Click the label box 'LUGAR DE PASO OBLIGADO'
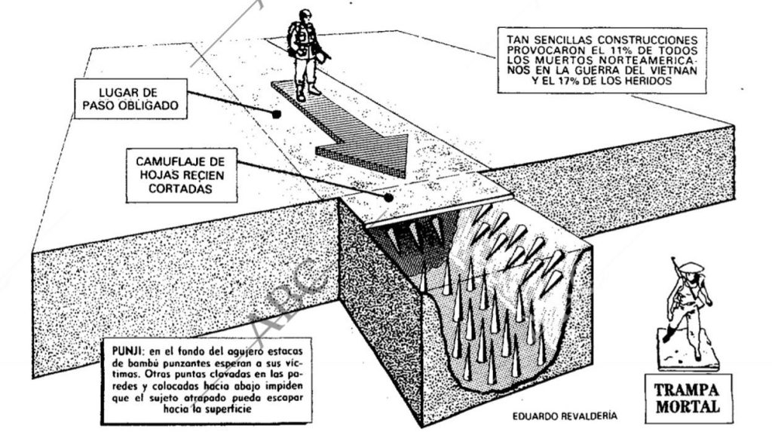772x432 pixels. pyautogui.click(x=130, y=99)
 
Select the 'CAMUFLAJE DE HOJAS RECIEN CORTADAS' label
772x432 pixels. pyautogui.click(x=181, y=176)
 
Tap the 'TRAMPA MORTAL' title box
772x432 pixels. pyautogui.click(x=688, y=399)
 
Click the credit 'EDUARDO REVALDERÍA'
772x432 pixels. pyautogui.click(x=564, y=416)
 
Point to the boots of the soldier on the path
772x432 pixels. pyautogui.click(x=308, y=93)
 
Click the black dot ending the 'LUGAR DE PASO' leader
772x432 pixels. pyautogui.click(x=276, y=115)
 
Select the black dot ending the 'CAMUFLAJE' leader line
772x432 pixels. pyautogui.click(x=388, y=198)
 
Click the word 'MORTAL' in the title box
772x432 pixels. pyautogui.click(x=688, y=407)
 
